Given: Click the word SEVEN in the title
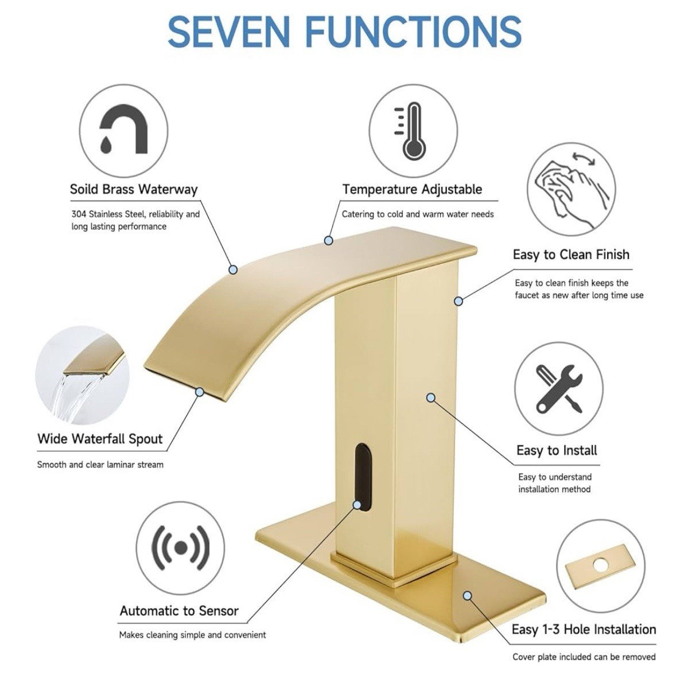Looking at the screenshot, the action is (229, 32).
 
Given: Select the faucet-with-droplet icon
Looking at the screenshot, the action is (123, 129).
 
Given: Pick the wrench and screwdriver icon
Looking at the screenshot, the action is (558, 389).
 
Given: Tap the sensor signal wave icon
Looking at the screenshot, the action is (181, 548).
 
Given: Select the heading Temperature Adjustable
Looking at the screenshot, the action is (412, 189).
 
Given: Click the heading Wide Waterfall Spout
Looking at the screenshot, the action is (100, 439).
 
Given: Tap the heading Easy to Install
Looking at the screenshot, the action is (557, 450).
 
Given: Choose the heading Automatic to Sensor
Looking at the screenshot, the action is (179, 611).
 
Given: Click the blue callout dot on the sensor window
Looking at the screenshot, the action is (356, 505).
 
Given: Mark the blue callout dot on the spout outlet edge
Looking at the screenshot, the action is (200, 392).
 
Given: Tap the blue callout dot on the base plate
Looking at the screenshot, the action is (467, 596).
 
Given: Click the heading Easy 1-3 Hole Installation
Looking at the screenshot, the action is (584, 629).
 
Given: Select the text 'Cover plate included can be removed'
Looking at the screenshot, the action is (584, 657).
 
